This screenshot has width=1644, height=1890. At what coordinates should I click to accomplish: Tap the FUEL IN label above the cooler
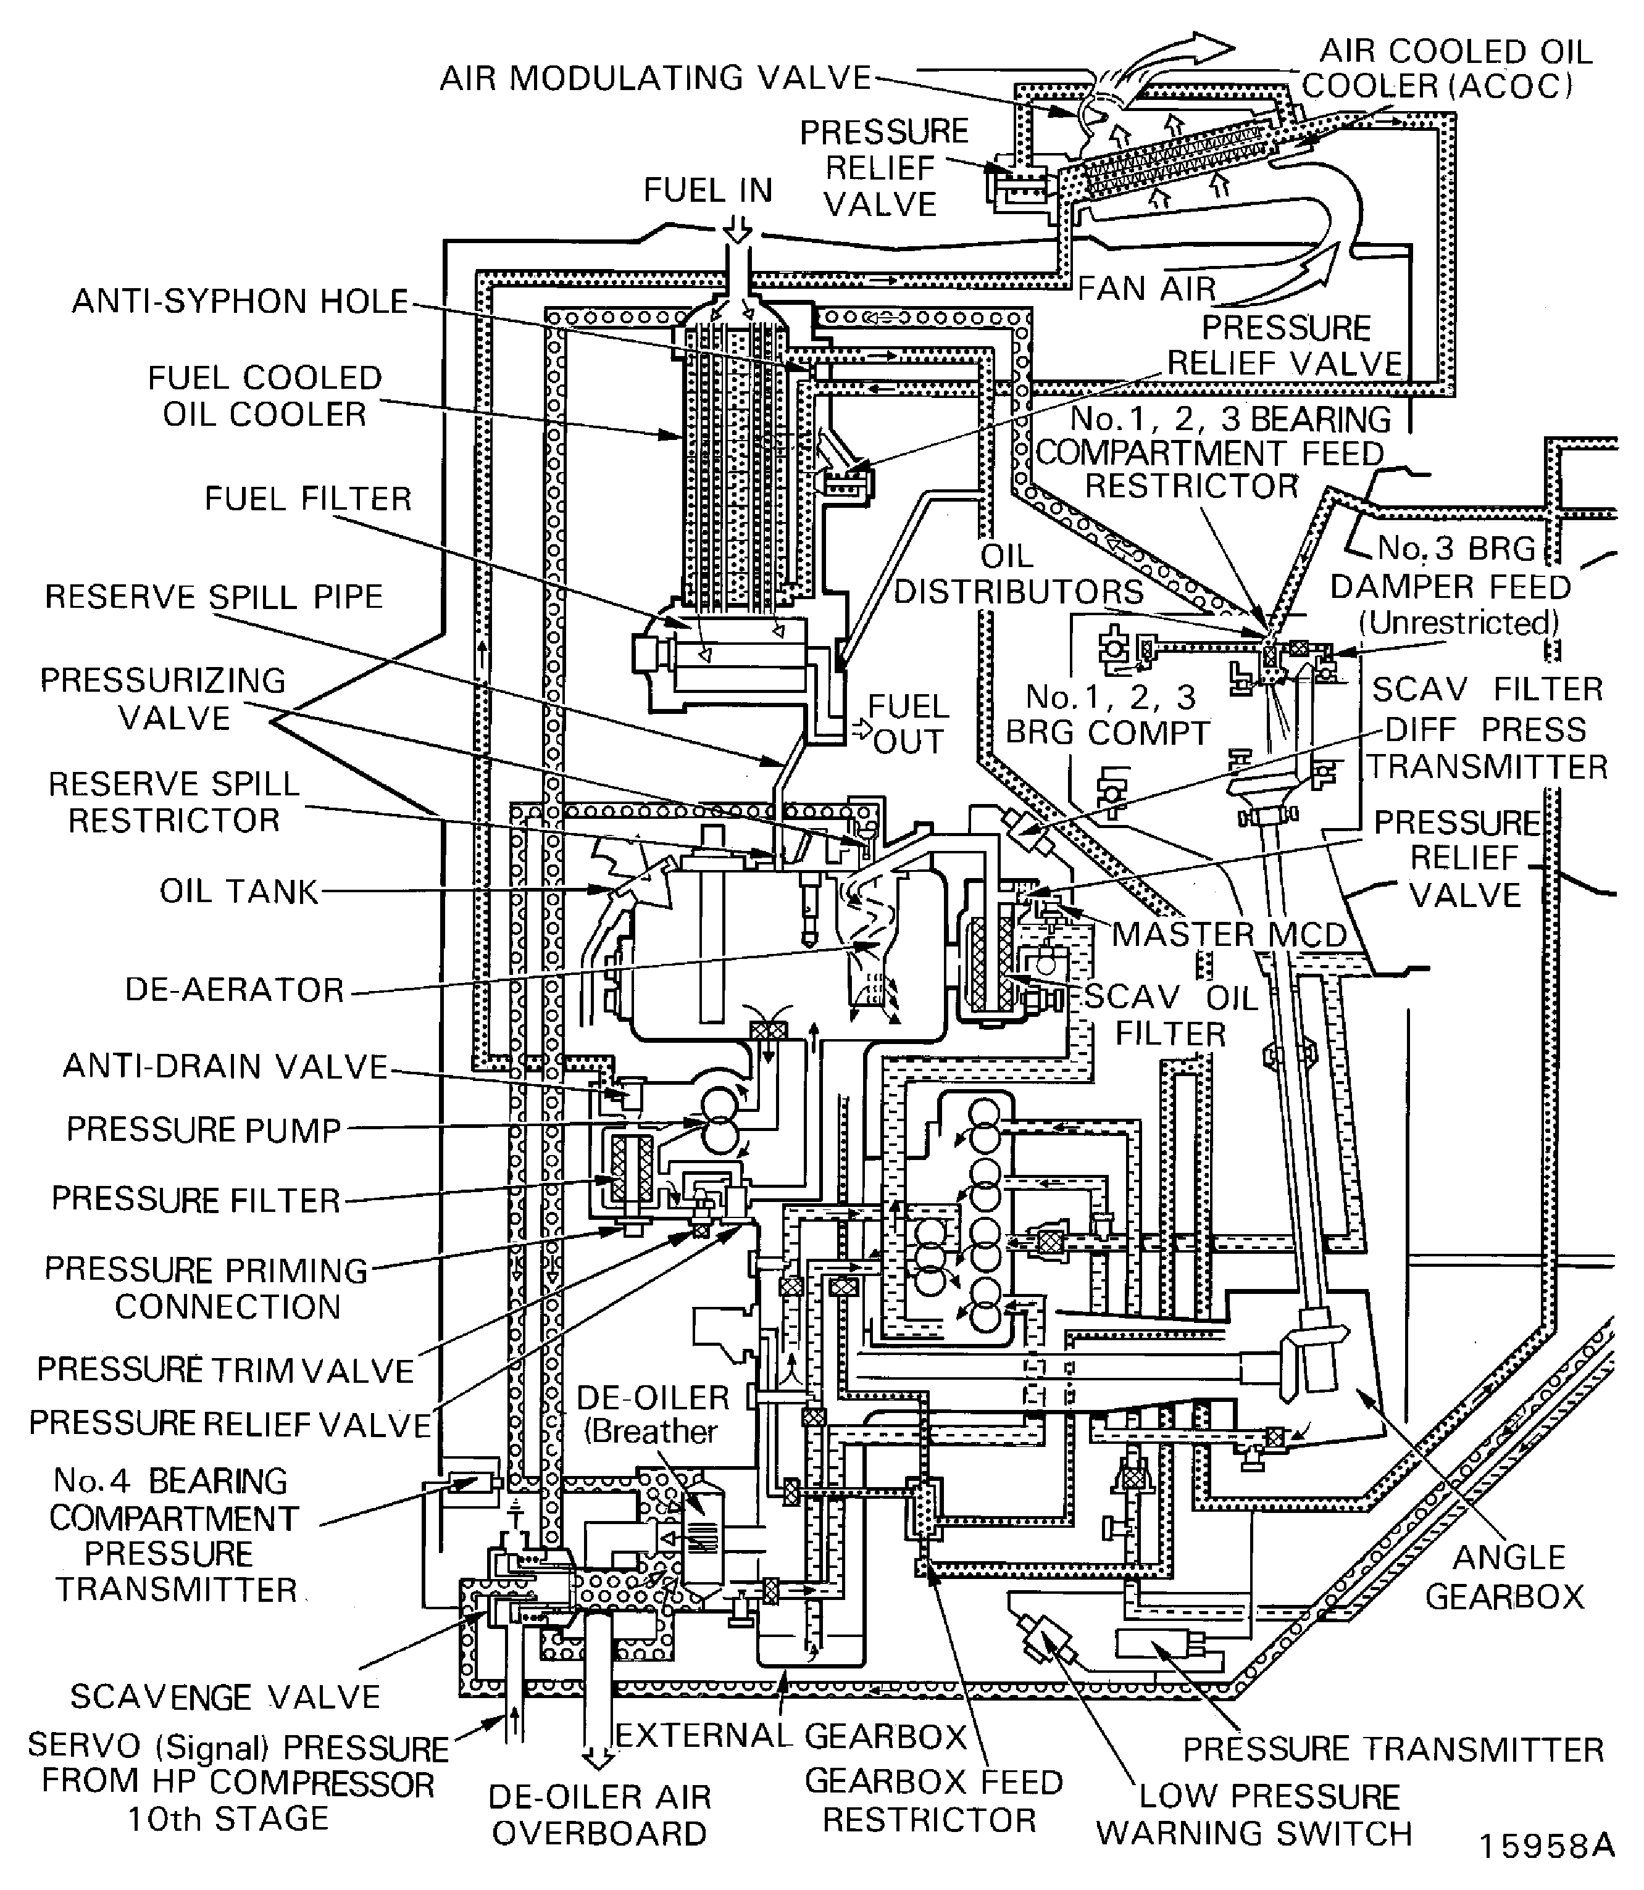point(707,191)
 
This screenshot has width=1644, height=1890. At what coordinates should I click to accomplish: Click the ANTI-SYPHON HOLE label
point(240,302)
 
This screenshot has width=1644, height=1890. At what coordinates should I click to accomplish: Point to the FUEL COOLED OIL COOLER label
point(264,396)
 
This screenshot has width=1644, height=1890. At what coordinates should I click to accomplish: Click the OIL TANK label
point(238,892)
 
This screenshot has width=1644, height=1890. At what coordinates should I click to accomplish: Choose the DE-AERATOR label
point(235,990)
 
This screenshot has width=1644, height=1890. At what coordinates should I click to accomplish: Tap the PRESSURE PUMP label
point(204,1130)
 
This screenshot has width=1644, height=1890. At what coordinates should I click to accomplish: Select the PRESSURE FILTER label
point(196,1200)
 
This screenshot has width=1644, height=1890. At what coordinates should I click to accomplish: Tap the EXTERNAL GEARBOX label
point(791,1736)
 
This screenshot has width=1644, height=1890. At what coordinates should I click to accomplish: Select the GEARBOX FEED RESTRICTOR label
point(933,1800)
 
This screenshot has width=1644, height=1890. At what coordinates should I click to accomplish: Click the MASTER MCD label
point(1229,934)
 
